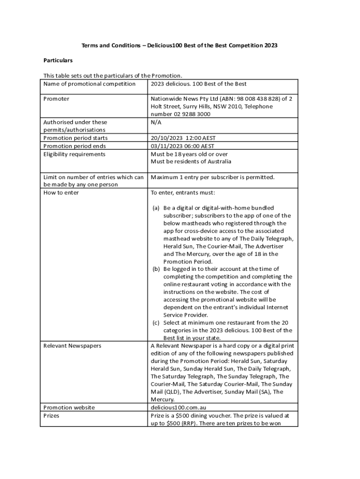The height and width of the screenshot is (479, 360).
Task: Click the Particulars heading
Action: click(58, 60)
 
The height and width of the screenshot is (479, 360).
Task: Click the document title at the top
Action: click(180, 45)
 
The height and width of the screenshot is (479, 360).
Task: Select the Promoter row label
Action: click(56, 99)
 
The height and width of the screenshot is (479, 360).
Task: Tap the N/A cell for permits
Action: click(156, 122)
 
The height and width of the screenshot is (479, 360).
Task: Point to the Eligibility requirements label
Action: click(74, 154)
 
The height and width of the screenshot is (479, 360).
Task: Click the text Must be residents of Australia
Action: click(191, 161)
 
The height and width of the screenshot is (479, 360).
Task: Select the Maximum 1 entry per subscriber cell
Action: click(213, 177)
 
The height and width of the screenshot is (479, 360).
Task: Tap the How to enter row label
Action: click(61, 192)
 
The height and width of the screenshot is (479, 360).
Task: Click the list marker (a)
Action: click(156, 208)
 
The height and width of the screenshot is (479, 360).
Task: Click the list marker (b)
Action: click(156, 269)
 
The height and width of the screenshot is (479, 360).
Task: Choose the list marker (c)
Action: click(156, 323)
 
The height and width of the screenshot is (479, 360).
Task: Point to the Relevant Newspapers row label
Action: click(72, 346)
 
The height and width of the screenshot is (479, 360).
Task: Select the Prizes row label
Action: click(51, 415)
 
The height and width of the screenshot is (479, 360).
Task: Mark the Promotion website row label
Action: click(69, 407)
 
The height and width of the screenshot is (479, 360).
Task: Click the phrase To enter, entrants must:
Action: click(183, 192)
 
